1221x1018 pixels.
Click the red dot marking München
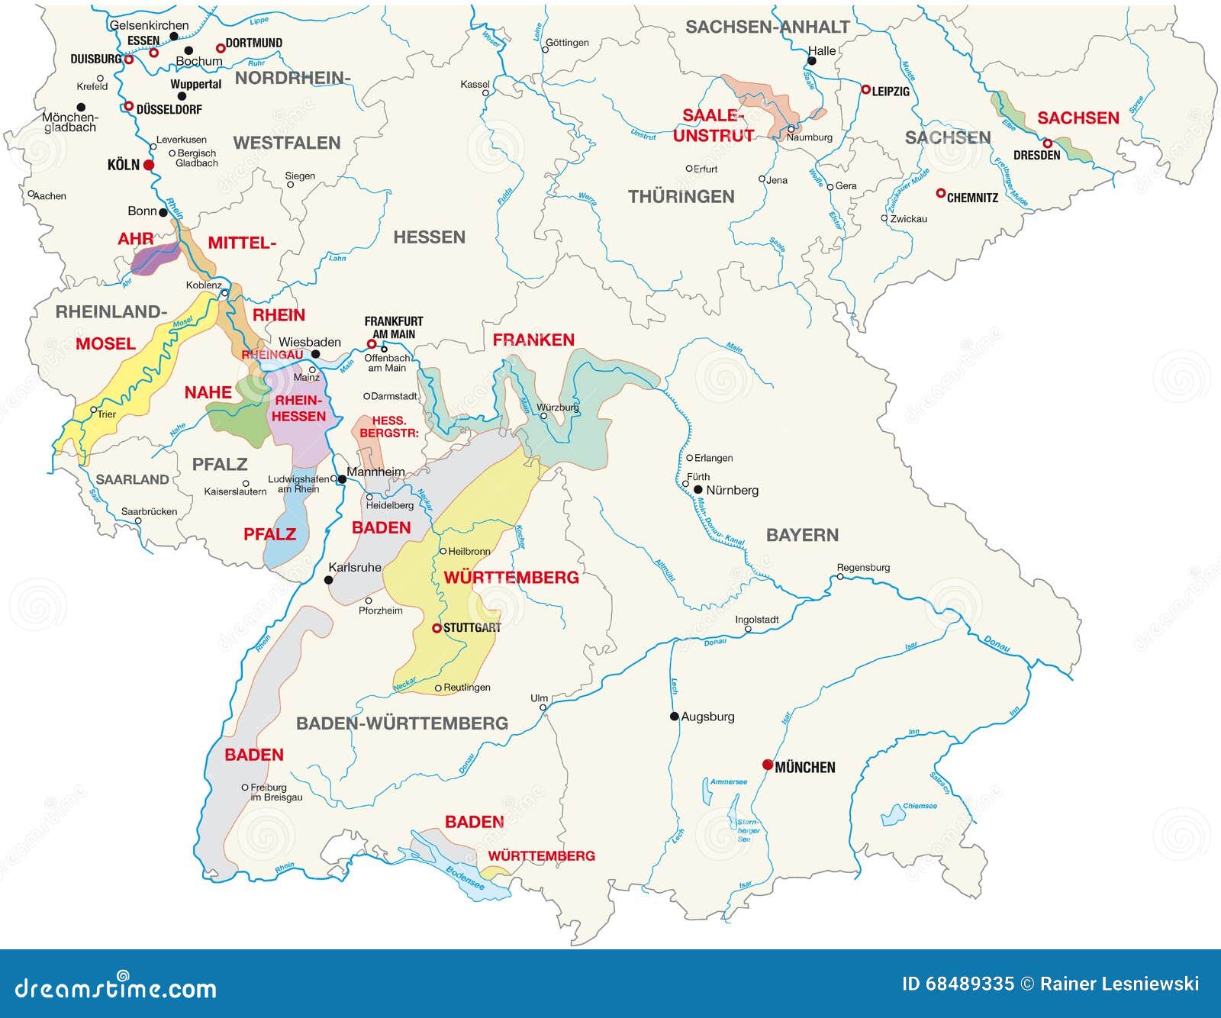tap(768, 765)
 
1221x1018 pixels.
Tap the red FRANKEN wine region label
tap(533, 340)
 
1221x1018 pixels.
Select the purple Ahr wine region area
tap(154, 259)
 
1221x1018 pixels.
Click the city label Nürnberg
tap(732, 490)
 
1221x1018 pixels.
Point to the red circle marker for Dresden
tap(1048, 143)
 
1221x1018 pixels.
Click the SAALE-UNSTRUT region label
tap(713, 125)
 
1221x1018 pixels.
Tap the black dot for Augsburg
tap(675, 716)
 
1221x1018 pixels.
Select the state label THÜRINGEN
tap(681, 197)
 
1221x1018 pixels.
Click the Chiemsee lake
tap(893, 816)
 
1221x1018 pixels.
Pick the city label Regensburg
tap(863, 567)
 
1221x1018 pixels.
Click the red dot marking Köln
tap(149, 165)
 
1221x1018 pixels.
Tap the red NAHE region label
tap(208, 392)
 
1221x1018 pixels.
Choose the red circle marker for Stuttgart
tap(437, 628)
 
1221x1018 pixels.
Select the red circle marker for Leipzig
tap(865, 89)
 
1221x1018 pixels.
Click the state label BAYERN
tap(802, 535)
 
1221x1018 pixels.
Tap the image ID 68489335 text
tap(958, 984)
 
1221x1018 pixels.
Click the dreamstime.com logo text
tap(116, 987)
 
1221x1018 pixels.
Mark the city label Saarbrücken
tap(149, 511)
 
